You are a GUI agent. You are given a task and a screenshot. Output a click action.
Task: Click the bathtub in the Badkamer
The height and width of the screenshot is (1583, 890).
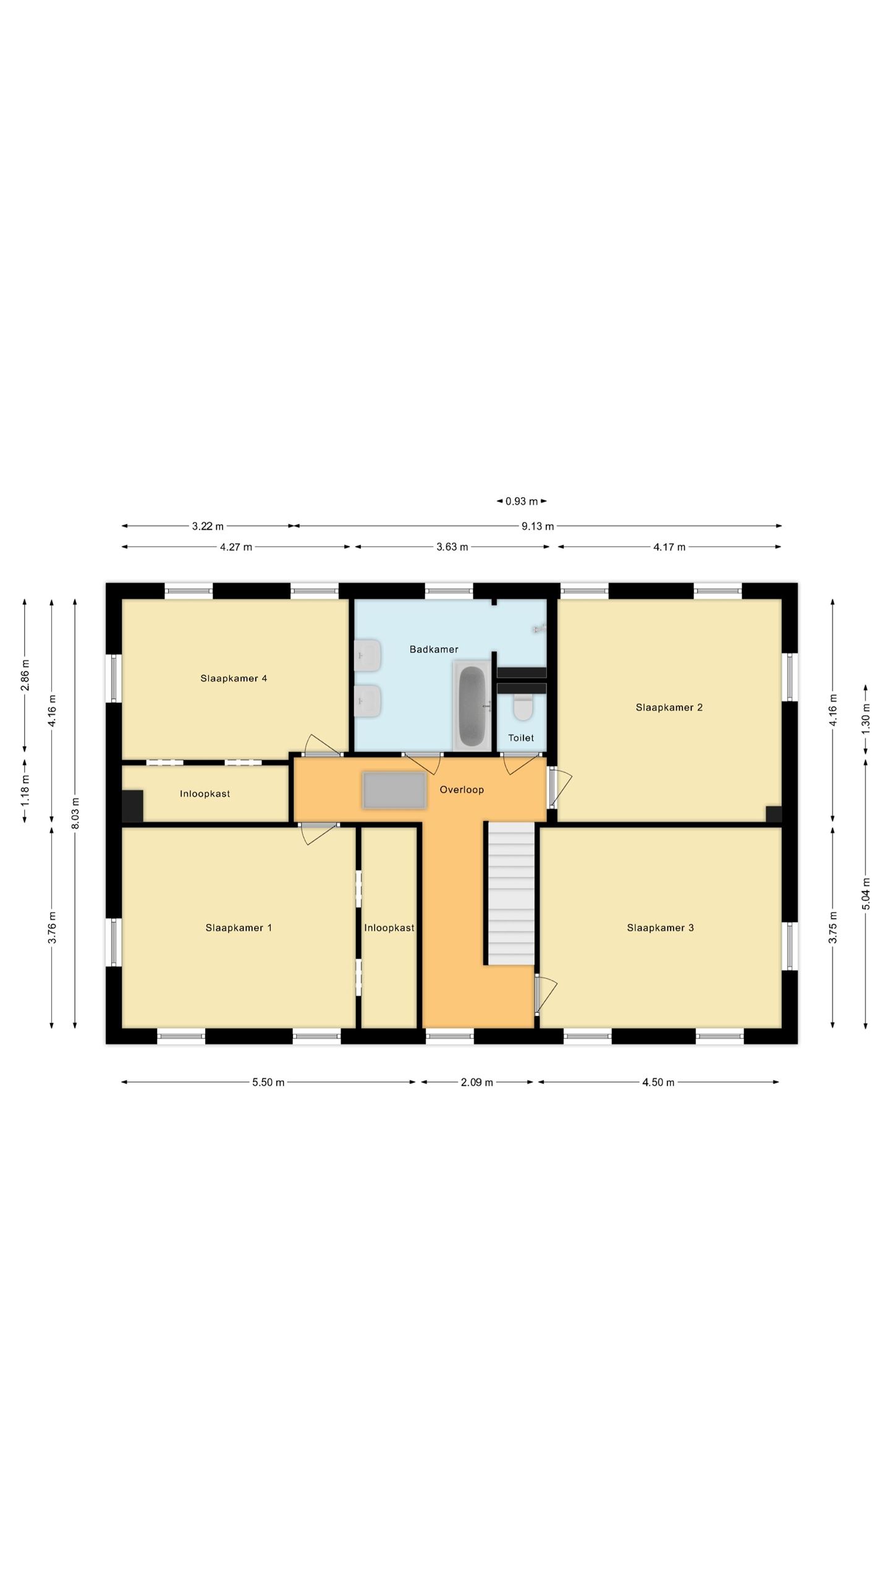(473, 705)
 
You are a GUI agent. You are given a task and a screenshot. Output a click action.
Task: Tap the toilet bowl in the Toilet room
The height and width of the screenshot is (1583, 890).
(523, 707)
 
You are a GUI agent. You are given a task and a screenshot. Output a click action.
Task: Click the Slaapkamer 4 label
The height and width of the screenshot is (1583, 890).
(234, 678)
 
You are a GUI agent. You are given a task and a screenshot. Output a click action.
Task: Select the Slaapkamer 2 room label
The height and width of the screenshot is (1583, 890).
(669, 707)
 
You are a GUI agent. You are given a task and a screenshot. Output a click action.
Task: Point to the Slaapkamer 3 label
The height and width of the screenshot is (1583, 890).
(660, 928)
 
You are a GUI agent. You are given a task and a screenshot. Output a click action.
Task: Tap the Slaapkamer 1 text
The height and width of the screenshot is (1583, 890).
(239, 928)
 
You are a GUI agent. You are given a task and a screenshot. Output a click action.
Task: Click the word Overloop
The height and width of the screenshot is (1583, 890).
(462, 790)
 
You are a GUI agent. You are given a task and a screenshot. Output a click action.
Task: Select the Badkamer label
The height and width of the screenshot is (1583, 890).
(434, 649)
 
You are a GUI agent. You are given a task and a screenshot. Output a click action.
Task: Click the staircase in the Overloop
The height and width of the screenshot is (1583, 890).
(512, 893)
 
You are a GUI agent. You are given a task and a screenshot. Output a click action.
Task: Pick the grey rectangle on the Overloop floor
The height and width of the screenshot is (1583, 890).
(394, 790)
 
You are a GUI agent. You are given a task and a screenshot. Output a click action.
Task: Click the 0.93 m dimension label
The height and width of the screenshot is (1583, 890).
(522, 501)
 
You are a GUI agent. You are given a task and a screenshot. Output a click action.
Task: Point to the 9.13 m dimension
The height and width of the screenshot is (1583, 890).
(538, 526)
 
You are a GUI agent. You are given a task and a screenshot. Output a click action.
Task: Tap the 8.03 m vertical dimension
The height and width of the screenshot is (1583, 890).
(75, 813)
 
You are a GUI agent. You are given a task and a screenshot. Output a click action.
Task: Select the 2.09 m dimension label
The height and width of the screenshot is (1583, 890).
(477, 1082)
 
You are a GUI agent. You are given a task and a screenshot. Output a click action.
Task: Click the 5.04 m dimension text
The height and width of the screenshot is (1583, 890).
(866, 894)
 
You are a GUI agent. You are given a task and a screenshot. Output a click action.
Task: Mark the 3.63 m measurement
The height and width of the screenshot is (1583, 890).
(452, 547)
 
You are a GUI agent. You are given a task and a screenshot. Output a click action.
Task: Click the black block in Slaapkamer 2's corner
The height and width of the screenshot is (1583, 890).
(774, 814)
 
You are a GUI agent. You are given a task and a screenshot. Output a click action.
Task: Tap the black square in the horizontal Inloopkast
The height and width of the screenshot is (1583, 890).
(132, 806)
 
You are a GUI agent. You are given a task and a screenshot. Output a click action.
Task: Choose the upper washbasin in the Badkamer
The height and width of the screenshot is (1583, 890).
(367, 655)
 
